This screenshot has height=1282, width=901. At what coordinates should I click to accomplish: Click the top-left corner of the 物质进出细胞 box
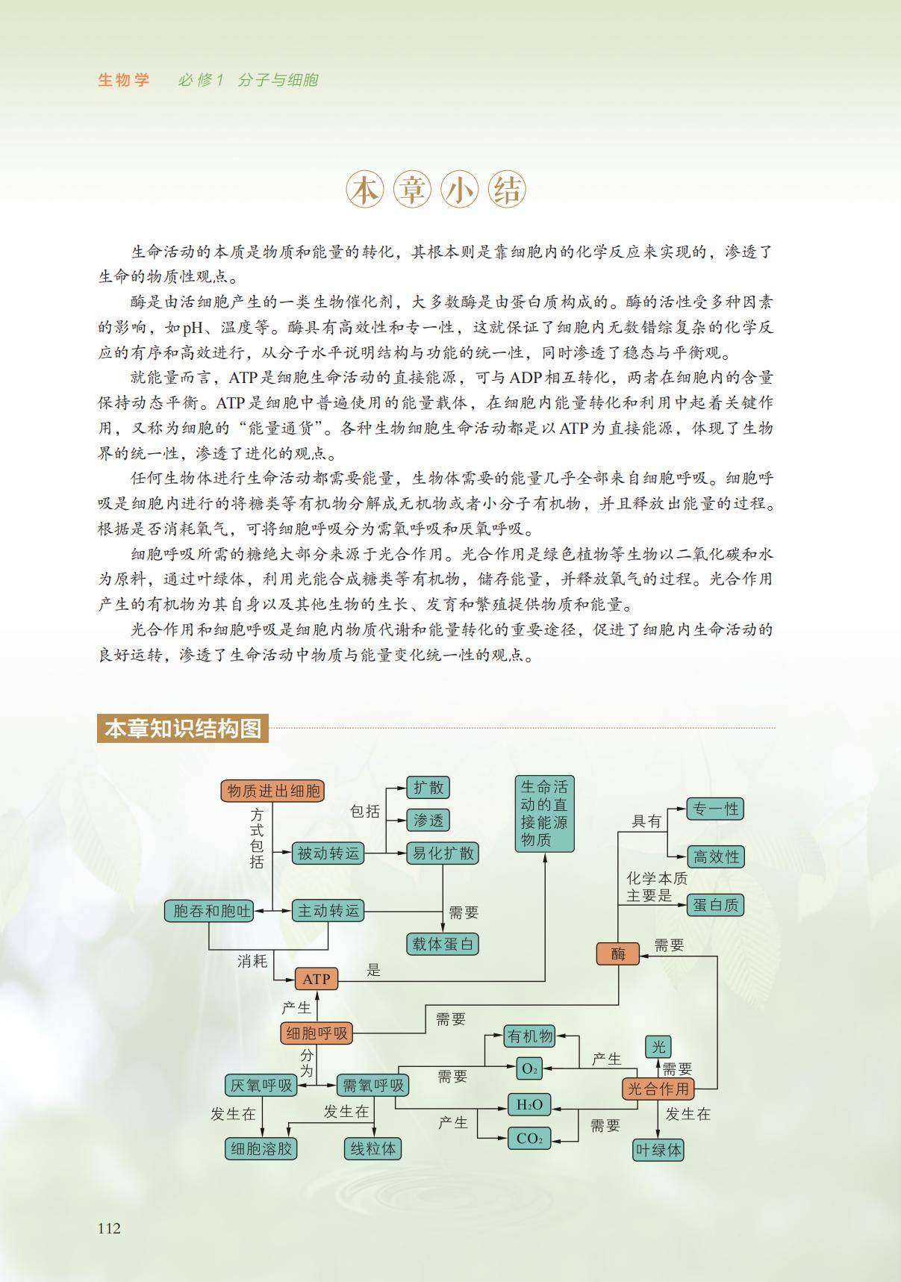221,780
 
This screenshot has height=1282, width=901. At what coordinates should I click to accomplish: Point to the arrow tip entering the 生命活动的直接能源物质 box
546,853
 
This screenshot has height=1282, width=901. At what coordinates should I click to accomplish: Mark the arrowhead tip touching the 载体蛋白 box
443,932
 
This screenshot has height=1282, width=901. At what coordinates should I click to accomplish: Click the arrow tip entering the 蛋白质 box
686,905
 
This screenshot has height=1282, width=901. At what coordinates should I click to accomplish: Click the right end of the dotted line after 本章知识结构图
775,727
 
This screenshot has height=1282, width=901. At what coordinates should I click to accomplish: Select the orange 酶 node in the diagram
617,953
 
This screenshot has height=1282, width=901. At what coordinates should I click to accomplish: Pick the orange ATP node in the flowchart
317,979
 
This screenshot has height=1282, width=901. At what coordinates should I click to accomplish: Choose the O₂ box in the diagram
529,1068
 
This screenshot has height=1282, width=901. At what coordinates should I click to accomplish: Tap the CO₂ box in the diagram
529,1139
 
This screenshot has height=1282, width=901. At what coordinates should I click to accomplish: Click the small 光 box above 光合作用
658,1047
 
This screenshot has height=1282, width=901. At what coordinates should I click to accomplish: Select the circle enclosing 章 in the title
413,192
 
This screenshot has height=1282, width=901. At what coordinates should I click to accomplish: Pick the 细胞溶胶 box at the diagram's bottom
261,1149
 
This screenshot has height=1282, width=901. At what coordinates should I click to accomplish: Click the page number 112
109,1228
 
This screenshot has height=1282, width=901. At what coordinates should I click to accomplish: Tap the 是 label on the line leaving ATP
374,970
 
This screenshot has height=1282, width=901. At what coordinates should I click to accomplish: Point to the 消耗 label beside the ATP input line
252,961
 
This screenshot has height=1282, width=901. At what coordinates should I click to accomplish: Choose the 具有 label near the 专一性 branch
646,821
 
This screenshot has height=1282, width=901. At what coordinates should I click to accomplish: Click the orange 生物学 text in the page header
124,80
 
